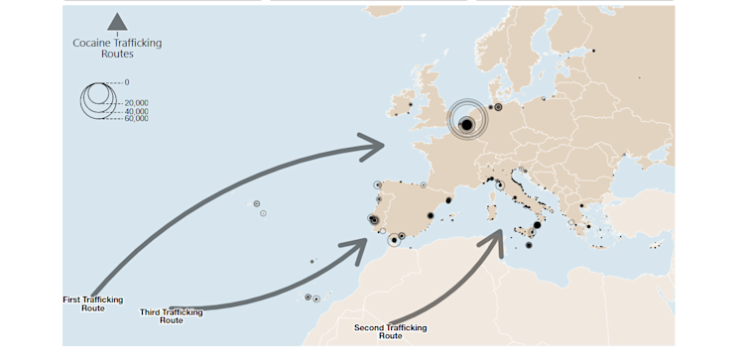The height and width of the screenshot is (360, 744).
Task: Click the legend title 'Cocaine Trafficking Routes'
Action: point(117,48)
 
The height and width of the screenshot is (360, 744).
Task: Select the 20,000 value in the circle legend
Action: point(136,103)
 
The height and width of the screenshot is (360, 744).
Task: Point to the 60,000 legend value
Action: point(136,118)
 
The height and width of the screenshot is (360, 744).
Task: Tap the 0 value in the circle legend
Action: point(127,81)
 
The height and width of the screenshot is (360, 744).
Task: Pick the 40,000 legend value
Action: point(136,111)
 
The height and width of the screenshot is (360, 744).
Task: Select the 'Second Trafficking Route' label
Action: point(390,331)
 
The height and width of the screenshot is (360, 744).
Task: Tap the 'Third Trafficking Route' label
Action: point(171,315)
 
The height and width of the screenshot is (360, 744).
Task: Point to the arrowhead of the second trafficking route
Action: point(495,240)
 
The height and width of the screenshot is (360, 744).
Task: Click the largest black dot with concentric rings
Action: point(467,122)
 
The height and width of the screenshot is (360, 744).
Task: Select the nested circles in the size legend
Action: point(97,99)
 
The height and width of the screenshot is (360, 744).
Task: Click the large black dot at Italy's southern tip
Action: point(537,225)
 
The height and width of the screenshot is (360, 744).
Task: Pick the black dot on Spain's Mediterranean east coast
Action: point(447,200)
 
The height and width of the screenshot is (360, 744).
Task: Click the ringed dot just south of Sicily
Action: point(528,246)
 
